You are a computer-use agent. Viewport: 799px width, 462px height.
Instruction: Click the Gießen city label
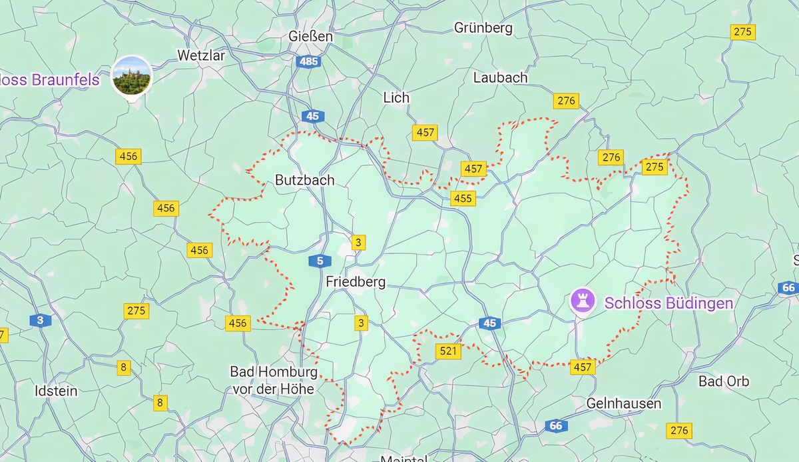[311, 36]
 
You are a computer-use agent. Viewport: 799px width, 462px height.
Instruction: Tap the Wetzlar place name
[201, 55]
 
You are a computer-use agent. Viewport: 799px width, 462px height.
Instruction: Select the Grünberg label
[483, 28]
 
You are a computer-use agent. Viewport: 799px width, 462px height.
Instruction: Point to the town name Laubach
[500, 77]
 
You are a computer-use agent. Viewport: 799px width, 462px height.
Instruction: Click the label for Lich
[396, 97]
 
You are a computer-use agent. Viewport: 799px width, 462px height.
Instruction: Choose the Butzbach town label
[304, 180]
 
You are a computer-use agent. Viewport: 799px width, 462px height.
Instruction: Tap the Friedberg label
[356, 282]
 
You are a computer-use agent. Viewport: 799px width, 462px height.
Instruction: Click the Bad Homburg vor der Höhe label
[273, 380]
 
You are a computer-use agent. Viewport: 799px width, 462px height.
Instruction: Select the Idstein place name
[56, 391]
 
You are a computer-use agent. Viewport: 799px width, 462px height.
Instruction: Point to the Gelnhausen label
[624, 403]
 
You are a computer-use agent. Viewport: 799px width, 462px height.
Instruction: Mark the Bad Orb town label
[724, 381]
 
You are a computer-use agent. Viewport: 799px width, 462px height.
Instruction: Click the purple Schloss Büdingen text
[668, 303]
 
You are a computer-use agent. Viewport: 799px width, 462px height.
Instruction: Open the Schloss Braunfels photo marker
[131, 75]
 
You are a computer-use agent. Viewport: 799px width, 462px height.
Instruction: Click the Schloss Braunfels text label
[49, 80]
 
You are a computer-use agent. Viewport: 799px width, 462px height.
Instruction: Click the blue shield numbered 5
[320, 261]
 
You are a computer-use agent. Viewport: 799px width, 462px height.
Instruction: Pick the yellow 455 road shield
[462, 198]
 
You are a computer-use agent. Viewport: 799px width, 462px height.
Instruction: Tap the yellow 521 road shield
[447, 351]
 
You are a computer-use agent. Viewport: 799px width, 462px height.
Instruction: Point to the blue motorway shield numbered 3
[40, 321]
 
